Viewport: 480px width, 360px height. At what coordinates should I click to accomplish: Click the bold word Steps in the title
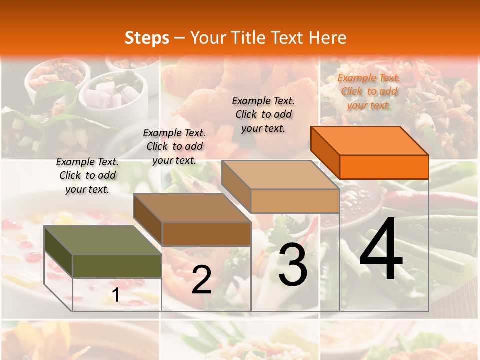147,38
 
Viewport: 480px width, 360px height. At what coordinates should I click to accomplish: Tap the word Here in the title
327,38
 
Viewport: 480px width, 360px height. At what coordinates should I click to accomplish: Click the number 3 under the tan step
293,264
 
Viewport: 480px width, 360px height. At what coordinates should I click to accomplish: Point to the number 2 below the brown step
201,279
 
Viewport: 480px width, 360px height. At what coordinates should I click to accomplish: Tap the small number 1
115,295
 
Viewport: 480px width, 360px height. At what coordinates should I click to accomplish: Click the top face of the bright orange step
370,141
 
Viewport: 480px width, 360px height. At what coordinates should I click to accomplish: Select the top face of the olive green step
103,240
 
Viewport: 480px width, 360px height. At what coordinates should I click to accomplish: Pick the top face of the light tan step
280,175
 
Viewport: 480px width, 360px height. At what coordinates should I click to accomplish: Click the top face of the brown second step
192,208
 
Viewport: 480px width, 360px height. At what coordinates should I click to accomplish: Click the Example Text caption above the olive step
87,175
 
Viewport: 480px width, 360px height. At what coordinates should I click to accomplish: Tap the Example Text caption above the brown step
174,146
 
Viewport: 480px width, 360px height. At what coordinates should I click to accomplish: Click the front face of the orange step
384,167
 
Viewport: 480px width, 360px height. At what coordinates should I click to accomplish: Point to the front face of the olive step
117,266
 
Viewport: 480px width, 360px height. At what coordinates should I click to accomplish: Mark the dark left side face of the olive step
58,252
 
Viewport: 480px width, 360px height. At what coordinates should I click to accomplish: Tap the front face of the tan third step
295,201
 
